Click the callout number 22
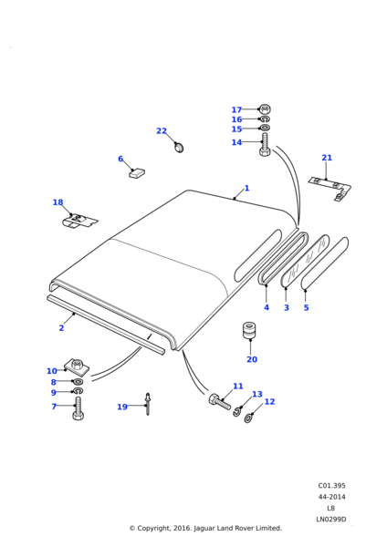click(162, 130)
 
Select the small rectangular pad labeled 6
click(137, 172)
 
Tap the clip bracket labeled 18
click(79, 222)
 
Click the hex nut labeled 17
click(265, 109)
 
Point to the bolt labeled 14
click(265, 145)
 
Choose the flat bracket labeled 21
click(330, 188)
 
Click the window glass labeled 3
click(305, 262)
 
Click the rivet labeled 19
click(148, 404)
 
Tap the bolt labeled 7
click(78, 408)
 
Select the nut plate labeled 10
click(75, 366)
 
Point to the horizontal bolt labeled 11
click(220, 402)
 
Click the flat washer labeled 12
click(248, 418)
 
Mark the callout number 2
click(61, 328)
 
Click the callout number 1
click(247, 188)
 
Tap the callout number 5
click(307, 308)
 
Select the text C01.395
click(331, 486)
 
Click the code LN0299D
click(331, 520)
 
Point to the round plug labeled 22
click(179, 147)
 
